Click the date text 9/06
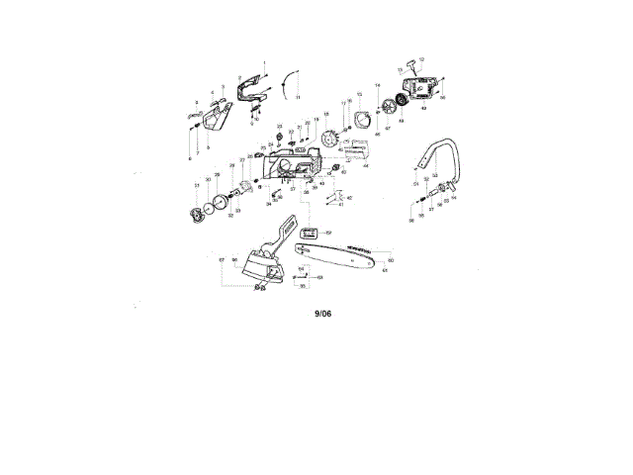(x=323, y=313)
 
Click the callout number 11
(x=298, y=98)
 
